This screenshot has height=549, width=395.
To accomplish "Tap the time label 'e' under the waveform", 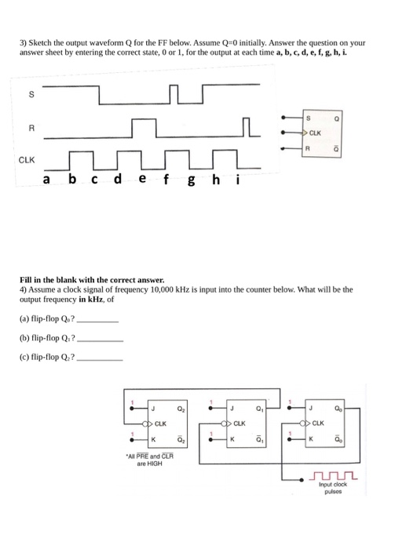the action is click(x=141, y=180).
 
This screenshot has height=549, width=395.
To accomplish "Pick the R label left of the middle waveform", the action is click(x=31, y=128).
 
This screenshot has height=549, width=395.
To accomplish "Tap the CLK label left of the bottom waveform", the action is click(x=27, y=159).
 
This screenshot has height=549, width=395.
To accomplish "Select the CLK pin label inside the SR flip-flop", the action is click(x=316, y=133).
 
